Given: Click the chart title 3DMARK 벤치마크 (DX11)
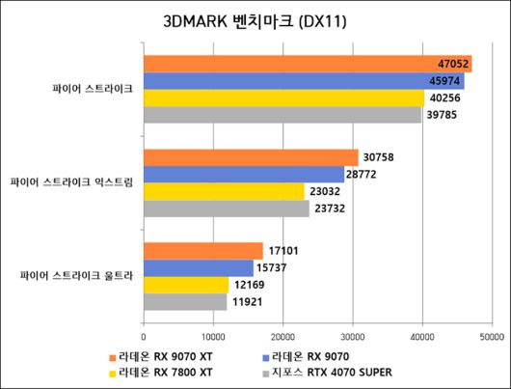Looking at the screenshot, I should (255, 22).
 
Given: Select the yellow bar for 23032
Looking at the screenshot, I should (223, 191).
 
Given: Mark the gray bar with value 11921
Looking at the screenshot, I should (184, 302).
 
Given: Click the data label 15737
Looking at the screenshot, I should (271, 268).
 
